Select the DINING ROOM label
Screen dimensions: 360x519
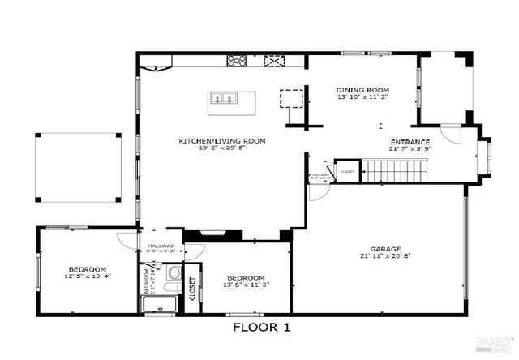pos(363,89)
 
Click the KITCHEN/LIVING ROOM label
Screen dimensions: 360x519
pos(222,141)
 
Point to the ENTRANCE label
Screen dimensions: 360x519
pos(410,141)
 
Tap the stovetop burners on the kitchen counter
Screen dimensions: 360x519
pos(238,60)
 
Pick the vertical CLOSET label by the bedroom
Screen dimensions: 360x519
pos(192,288)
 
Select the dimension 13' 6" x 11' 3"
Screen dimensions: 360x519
pos(246,284)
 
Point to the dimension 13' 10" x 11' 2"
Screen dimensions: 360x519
pos(363,97)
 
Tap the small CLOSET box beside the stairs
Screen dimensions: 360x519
pos(348,171)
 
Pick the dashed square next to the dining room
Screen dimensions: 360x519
pos(290,98)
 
